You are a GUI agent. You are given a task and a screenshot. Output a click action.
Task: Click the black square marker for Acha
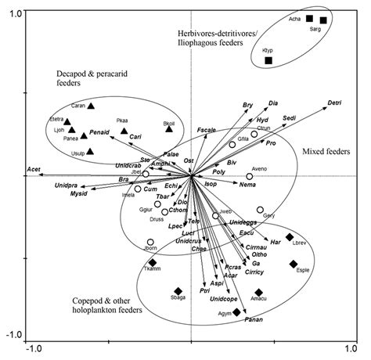click(309, 18)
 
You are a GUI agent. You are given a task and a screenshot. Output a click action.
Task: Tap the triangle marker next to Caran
click(92, 106)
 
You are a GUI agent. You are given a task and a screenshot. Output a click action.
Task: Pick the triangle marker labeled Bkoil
click(169, 128)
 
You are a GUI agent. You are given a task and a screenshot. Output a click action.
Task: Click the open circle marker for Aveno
click(250, 176)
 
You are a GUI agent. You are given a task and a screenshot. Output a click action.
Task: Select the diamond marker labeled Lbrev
click(290, 237)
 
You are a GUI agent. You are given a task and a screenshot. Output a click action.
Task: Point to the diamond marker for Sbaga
click(178, 290)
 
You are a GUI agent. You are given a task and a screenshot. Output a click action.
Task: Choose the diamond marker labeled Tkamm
click(152, 263)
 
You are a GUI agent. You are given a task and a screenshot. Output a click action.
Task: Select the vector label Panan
click(254, 320)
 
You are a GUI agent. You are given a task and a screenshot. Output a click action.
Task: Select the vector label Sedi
click(289, 117)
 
